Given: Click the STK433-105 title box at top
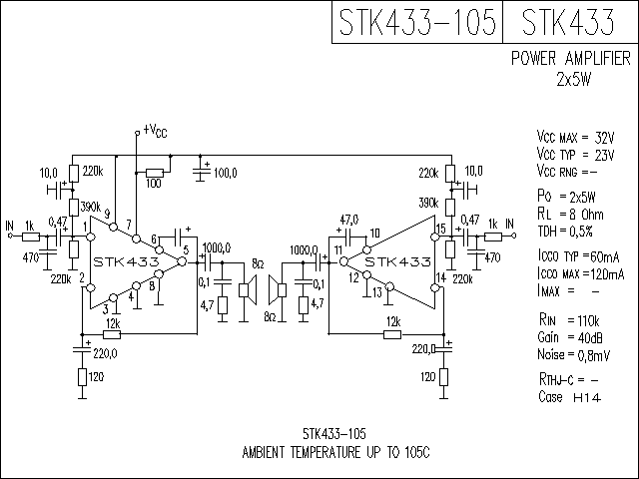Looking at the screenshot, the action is point(417,22).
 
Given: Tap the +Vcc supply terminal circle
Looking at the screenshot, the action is point(138,133).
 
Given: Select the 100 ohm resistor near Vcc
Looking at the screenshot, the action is point(155,173).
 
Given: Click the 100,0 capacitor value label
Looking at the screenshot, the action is point(226,173).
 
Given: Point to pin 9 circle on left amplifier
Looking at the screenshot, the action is point(114,227).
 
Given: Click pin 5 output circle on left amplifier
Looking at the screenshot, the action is point(182,261).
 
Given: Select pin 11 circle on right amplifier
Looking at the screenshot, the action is point(343,261).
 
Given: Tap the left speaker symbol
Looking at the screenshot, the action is point(247,290).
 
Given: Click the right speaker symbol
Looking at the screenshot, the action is point(278,290).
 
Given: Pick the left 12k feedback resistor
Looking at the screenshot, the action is point(112,334).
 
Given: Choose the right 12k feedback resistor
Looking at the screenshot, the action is point(392,334).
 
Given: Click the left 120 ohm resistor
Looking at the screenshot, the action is point(82,377).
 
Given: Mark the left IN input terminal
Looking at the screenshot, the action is point(10,237).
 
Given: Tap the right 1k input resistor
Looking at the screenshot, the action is point(493,237).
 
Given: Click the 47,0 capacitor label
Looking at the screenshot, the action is point(349,220).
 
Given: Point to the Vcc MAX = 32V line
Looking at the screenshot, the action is point(575,138).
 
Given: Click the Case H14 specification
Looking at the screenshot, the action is point(569,397).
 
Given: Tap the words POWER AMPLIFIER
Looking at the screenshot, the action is point(571,58).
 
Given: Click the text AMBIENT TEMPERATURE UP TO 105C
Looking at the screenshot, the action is point(335,452).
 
